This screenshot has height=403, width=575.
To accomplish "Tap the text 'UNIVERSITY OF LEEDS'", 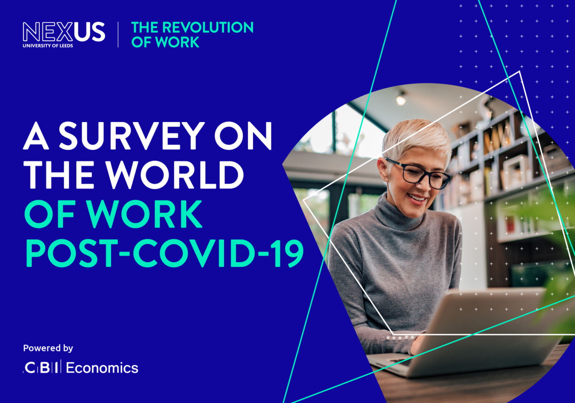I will [48, 46].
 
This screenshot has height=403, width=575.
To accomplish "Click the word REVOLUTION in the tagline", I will [208, 28].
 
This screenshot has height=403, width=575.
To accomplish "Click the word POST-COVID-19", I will [164, 254].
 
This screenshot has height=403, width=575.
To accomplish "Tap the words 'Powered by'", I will [48, 348].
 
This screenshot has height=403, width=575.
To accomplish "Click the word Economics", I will [102, 368].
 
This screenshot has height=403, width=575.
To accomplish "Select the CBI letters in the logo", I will [41, 368].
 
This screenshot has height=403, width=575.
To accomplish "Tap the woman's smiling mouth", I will [417, 197].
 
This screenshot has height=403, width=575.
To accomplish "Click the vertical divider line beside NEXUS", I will [118, 35].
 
